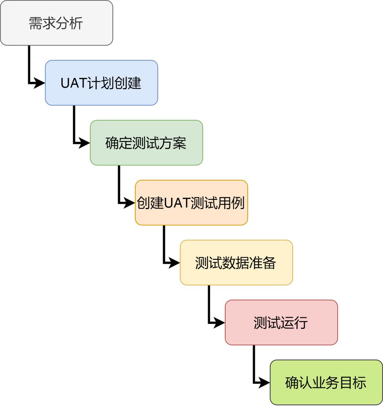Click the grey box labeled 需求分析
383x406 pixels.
(x=56, y=23)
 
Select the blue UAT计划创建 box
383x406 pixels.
(x=101, y=83)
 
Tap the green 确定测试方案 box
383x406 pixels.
(x=146, y=143)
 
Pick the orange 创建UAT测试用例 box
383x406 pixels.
(x=191, y=203)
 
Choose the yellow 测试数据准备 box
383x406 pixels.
(x=236, y=263)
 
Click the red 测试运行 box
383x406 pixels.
(x=281, y=322)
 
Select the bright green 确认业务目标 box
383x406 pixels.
(x=326, y=382)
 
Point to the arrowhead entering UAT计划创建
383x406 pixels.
(x=40, y=83)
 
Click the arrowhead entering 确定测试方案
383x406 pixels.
(x=85, y=143)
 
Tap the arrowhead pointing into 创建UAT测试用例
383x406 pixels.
(x=130, y=203)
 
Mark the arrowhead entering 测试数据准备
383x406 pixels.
(x=175, y=263)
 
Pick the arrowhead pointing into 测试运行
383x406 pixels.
(x=220, y=322)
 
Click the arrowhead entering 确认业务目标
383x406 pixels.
(x=265, y=382)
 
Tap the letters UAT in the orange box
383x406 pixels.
(x=177, y=203)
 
